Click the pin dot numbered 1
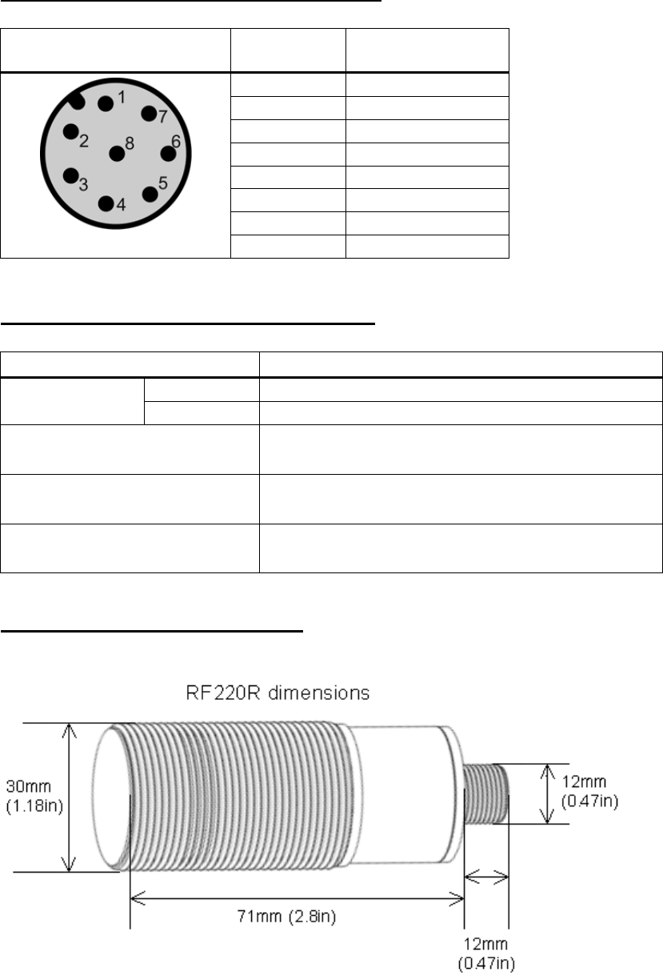[106, 104]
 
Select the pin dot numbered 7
[149, 114]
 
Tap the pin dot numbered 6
[168, 154]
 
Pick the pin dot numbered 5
[150, 195]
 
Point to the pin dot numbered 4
[106, 203]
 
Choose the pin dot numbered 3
[71, 175]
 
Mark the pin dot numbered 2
[71, 131]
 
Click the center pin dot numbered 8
[117, 154]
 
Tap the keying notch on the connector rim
[76, 102]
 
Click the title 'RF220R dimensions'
[278, 693]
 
